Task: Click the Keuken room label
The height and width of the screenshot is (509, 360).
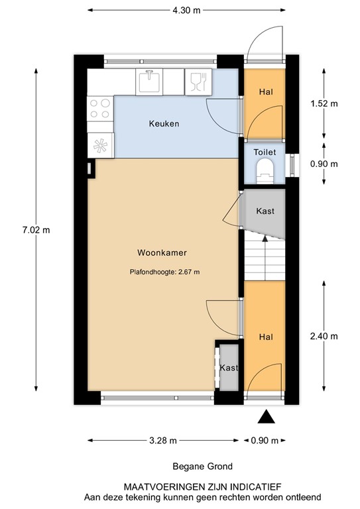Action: (164, 124)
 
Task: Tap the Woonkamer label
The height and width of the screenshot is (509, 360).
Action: (161, 253)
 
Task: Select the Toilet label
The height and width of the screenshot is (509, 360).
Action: (265, 152)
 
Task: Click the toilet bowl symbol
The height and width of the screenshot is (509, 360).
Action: (265, 169)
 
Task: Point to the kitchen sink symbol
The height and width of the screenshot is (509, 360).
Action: (150, 82)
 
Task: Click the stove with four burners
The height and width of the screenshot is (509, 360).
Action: (100, 108)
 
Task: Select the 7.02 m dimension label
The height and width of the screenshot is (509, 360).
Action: (36, 230)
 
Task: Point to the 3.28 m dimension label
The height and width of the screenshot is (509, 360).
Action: (163, 439)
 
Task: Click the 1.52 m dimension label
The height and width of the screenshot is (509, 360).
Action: (324, 104)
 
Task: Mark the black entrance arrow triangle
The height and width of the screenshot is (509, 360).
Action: (266, 416)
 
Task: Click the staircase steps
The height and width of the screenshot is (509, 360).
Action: (263, 259)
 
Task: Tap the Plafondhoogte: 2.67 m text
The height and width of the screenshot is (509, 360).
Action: (164, 271)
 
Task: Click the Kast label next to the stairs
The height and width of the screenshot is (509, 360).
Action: (265, 211)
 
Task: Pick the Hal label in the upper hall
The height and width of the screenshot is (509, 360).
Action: (265, 92)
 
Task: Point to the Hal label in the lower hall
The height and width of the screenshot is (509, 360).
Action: (266, 337)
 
